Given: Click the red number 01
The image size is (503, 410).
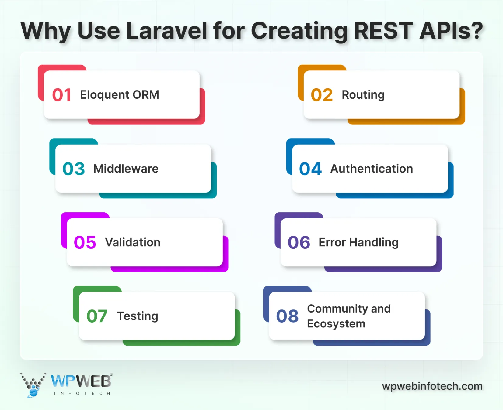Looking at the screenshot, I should click(x=61, y=95).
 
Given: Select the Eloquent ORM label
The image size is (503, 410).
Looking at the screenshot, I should click(x=119, y=95).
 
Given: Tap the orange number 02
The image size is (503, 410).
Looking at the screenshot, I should click(x=322, y=95).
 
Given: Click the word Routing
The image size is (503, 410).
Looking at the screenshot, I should click(x=363, y=95).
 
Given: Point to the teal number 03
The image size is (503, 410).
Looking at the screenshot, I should click(x=73, y=169).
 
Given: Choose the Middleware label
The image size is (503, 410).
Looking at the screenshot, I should click(x=126, y=169).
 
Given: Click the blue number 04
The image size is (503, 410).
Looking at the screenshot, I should click(x=310, y=169).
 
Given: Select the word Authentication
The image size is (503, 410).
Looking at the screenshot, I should click(x=372, y=169).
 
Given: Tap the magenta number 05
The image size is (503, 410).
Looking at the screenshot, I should click(x=85, y=243).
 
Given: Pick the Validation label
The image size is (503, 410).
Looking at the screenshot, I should click(x=133, y=242).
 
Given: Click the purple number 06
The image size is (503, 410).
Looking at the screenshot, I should click(x=299, y=243).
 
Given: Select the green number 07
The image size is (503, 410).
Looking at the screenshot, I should click(x=97, y=316).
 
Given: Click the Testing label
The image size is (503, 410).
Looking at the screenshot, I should click(x=138, y=316).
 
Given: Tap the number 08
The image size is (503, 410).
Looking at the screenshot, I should click(x=287, y=316).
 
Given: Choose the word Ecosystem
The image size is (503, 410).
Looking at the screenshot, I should click(x=336, y=324).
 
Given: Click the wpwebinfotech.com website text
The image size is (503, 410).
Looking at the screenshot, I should click(x=432, y=386).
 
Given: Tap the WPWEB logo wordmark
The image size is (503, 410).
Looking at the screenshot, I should click(x=81, y=381).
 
